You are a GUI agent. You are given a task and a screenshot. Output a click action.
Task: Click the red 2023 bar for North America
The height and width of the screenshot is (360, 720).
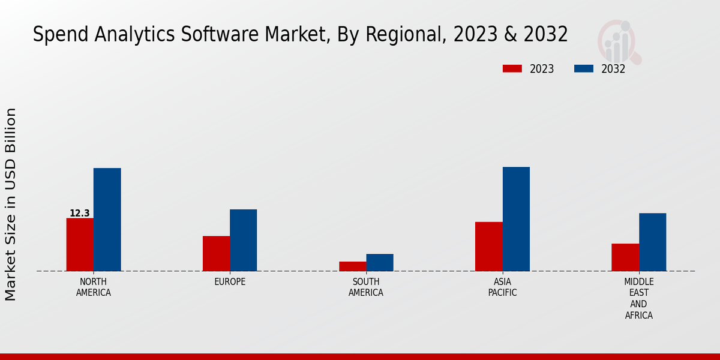[x=80, y=244]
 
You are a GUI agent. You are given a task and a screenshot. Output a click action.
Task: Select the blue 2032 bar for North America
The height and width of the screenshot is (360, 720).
[x=107, y=220]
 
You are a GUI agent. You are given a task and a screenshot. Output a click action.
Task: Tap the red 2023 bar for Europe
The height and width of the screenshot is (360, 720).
[x=216, y=253]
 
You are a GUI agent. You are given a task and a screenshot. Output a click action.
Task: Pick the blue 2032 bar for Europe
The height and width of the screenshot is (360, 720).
[x=243, y=240]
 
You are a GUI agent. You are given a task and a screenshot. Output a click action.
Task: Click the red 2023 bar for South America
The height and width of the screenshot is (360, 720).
[x=352, y=266]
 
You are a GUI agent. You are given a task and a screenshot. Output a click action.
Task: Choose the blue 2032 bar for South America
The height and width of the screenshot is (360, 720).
[x=380, y=262]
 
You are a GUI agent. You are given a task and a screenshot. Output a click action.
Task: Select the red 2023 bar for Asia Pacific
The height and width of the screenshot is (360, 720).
[x=489, y=246]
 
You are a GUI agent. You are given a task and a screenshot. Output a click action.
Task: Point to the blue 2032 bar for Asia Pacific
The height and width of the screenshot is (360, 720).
[x=516, y=219]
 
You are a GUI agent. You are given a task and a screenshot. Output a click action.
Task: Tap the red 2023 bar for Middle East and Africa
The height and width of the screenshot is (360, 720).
[x=625, y=257]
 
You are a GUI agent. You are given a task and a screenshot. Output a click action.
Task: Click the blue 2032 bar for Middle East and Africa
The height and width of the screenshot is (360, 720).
[x=652, y=242]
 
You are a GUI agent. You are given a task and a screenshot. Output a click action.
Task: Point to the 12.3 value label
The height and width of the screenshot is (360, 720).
[x=79, y=213]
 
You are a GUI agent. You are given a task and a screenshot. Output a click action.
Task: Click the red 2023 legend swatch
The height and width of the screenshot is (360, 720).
[x=512, y=68]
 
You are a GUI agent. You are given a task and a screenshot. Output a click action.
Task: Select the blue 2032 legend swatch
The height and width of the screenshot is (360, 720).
[x=583, y=68]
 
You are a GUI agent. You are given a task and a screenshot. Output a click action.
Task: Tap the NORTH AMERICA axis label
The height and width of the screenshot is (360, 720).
[x=93, y=287]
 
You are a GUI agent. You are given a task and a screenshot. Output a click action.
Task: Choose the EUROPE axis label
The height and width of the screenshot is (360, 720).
[x=230, y=282]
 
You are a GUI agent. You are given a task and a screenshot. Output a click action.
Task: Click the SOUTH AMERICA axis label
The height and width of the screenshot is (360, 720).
[x=366, y=287]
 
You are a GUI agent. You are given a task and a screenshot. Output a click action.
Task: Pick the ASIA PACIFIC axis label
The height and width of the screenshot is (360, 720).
[x=502, y=287]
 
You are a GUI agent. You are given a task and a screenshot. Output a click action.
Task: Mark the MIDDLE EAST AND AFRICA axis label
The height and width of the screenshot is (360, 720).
[x=638, y=298]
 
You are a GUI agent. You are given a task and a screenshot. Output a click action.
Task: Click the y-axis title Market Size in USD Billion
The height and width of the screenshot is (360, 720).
[x=11, y=204]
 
